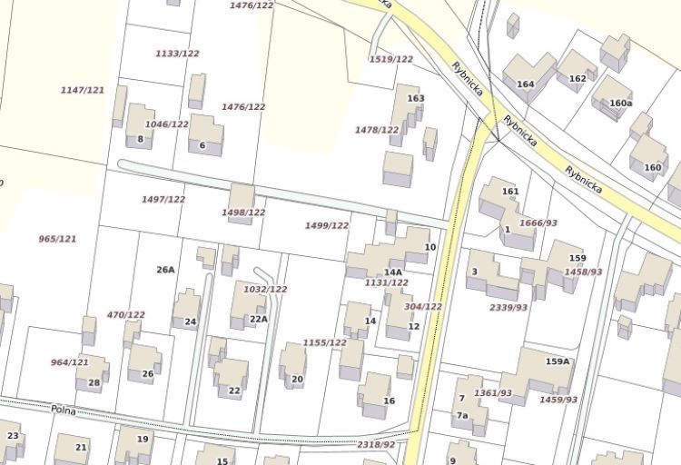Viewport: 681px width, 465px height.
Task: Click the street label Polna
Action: pyautogui.click(x=62, y=411)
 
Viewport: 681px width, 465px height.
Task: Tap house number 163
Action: pyautogui.click(x=416, y=98)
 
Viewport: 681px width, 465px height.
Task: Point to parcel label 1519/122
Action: pyautogui.click(x=390, y=59)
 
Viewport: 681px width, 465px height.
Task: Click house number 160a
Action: pyautogui.click(x=621, y=104)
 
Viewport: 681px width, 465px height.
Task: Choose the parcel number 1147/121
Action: pyautogui.click(x=83, y=90)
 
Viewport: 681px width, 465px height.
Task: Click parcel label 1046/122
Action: pyautogui.click(x=167, y=124)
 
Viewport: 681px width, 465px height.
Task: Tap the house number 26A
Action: pyautogui.click(x=165, y=270)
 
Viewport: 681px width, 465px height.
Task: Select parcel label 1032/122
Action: pyautogui.click(x=265, y=289)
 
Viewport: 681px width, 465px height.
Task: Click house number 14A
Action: pyautogui.click(x=392, y=272)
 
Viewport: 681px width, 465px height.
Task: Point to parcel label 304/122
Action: pyautogui.click(x=423, y=307)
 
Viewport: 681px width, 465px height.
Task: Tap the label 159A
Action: pyautogui.click(x=558, y=361)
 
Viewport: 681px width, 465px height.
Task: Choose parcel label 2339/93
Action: pyautogui.click(x=508, y=308)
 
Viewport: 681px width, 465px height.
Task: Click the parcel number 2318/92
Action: pyautogui.click(x=376, y=444)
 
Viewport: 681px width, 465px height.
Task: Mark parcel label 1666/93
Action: pyautogui.click(x=538, y=223)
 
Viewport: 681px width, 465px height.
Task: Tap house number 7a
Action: pyautogui.click(x=462, y=416)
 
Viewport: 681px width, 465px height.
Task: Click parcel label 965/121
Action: pyautogui.click(x=57, y=239)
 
